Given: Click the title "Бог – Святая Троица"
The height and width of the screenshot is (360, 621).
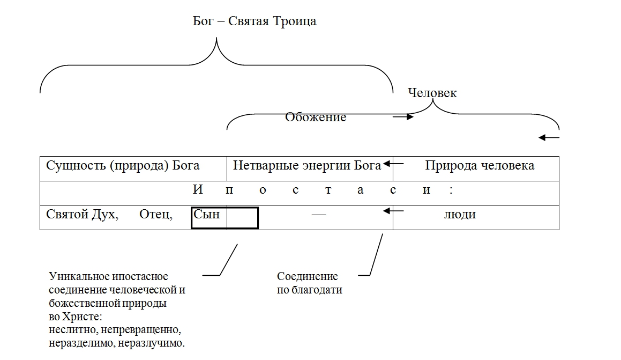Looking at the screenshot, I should tap(255, 21).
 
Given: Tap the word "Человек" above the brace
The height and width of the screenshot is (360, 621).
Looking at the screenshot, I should tap(432, 93).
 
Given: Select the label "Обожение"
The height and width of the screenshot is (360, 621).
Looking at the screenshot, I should tap(316, 117).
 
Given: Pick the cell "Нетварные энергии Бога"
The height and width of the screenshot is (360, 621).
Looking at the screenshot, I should tap(306, 165).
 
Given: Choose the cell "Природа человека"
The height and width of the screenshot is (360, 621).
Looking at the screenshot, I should tap(480, 165).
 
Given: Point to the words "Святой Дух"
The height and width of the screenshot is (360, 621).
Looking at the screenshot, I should tap(82, 215).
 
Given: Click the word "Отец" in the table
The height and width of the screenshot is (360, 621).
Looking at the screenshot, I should tap(156, 215).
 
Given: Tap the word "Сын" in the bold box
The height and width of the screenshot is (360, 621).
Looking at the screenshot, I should tap(207, 215).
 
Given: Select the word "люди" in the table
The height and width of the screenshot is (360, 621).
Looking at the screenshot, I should tap(460, 215).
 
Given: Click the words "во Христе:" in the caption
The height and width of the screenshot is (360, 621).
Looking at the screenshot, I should tap(71, 317).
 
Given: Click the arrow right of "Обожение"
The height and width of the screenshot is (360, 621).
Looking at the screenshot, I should tap(403, 116).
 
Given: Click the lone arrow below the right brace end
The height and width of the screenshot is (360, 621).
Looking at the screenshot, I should tap(549, 138).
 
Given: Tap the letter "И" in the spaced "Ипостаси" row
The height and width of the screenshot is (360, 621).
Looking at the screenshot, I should tap(197, 190).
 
